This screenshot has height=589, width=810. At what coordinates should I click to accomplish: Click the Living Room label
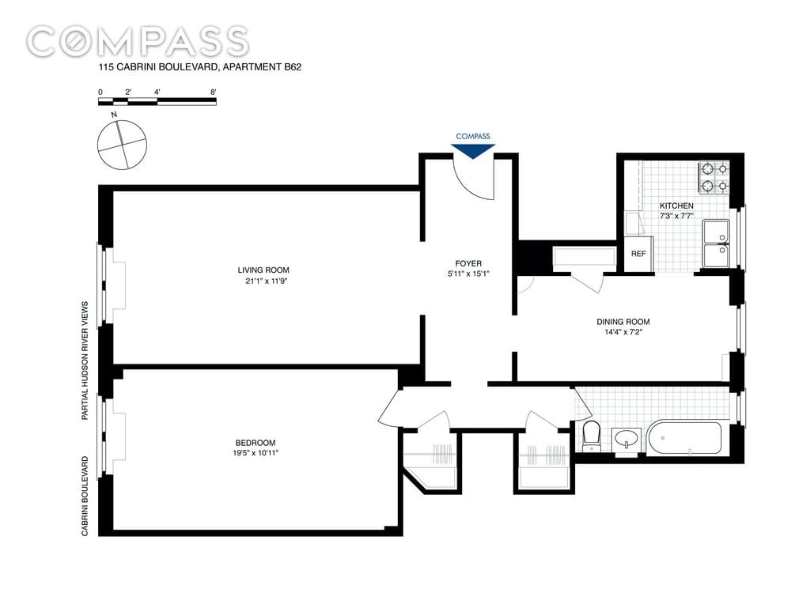click(263, 270)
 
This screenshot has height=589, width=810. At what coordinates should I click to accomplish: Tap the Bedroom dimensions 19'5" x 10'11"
click(255, 453)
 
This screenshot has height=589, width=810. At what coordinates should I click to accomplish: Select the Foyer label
click(468, 264)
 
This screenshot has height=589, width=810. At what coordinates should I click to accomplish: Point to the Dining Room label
click(623, 322)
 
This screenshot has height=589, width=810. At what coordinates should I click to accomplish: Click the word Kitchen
click(676, 206)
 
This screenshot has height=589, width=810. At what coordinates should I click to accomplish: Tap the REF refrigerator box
click(638, 254)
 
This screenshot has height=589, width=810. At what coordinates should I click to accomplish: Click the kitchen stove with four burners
click(714, 178)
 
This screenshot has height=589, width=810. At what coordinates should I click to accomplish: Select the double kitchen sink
click(716, 244)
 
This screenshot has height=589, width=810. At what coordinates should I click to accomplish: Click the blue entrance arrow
click(473, 151)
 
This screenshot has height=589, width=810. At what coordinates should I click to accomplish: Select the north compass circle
click(123, 145)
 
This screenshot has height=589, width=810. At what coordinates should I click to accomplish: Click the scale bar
click(157, 101)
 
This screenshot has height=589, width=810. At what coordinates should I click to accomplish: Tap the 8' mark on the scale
click(213, 92)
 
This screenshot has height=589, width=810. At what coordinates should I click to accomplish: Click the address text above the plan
click(200, 67)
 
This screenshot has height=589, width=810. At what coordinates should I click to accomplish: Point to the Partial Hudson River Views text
click(85, 361)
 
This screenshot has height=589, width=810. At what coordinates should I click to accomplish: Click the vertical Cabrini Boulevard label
click(85, 496)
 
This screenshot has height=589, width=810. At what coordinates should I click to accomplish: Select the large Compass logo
click(138, 41)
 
